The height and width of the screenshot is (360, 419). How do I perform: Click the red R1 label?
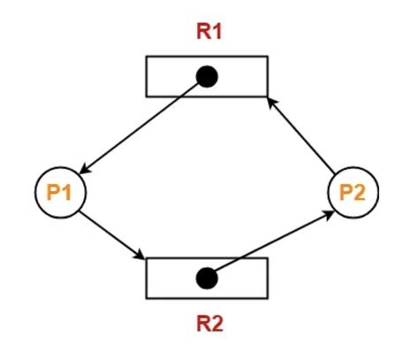(209, 31)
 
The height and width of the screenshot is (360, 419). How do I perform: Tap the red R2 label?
(209, 323)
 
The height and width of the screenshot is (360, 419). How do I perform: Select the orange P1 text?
(59, 192)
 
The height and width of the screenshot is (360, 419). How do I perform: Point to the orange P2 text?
(353, 192)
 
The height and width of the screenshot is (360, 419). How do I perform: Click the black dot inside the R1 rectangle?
(207, 76)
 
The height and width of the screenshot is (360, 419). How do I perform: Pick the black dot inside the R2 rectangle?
(207, 279)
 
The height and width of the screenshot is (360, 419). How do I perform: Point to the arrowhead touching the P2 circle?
(329, 214)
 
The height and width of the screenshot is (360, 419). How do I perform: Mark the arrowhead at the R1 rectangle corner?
(271, 102)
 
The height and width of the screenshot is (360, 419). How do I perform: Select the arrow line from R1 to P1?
(140, 127)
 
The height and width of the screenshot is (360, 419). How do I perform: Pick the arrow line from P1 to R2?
(112, 235)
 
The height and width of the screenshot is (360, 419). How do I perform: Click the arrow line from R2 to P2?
(273, 241)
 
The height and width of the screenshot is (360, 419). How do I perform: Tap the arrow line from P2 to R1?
(301, 135)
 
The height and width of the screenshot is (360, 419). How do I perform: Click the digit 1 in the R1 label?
(217, 31)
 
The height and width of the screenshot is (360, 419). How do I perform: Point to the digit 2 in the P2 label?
(360, 192)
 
